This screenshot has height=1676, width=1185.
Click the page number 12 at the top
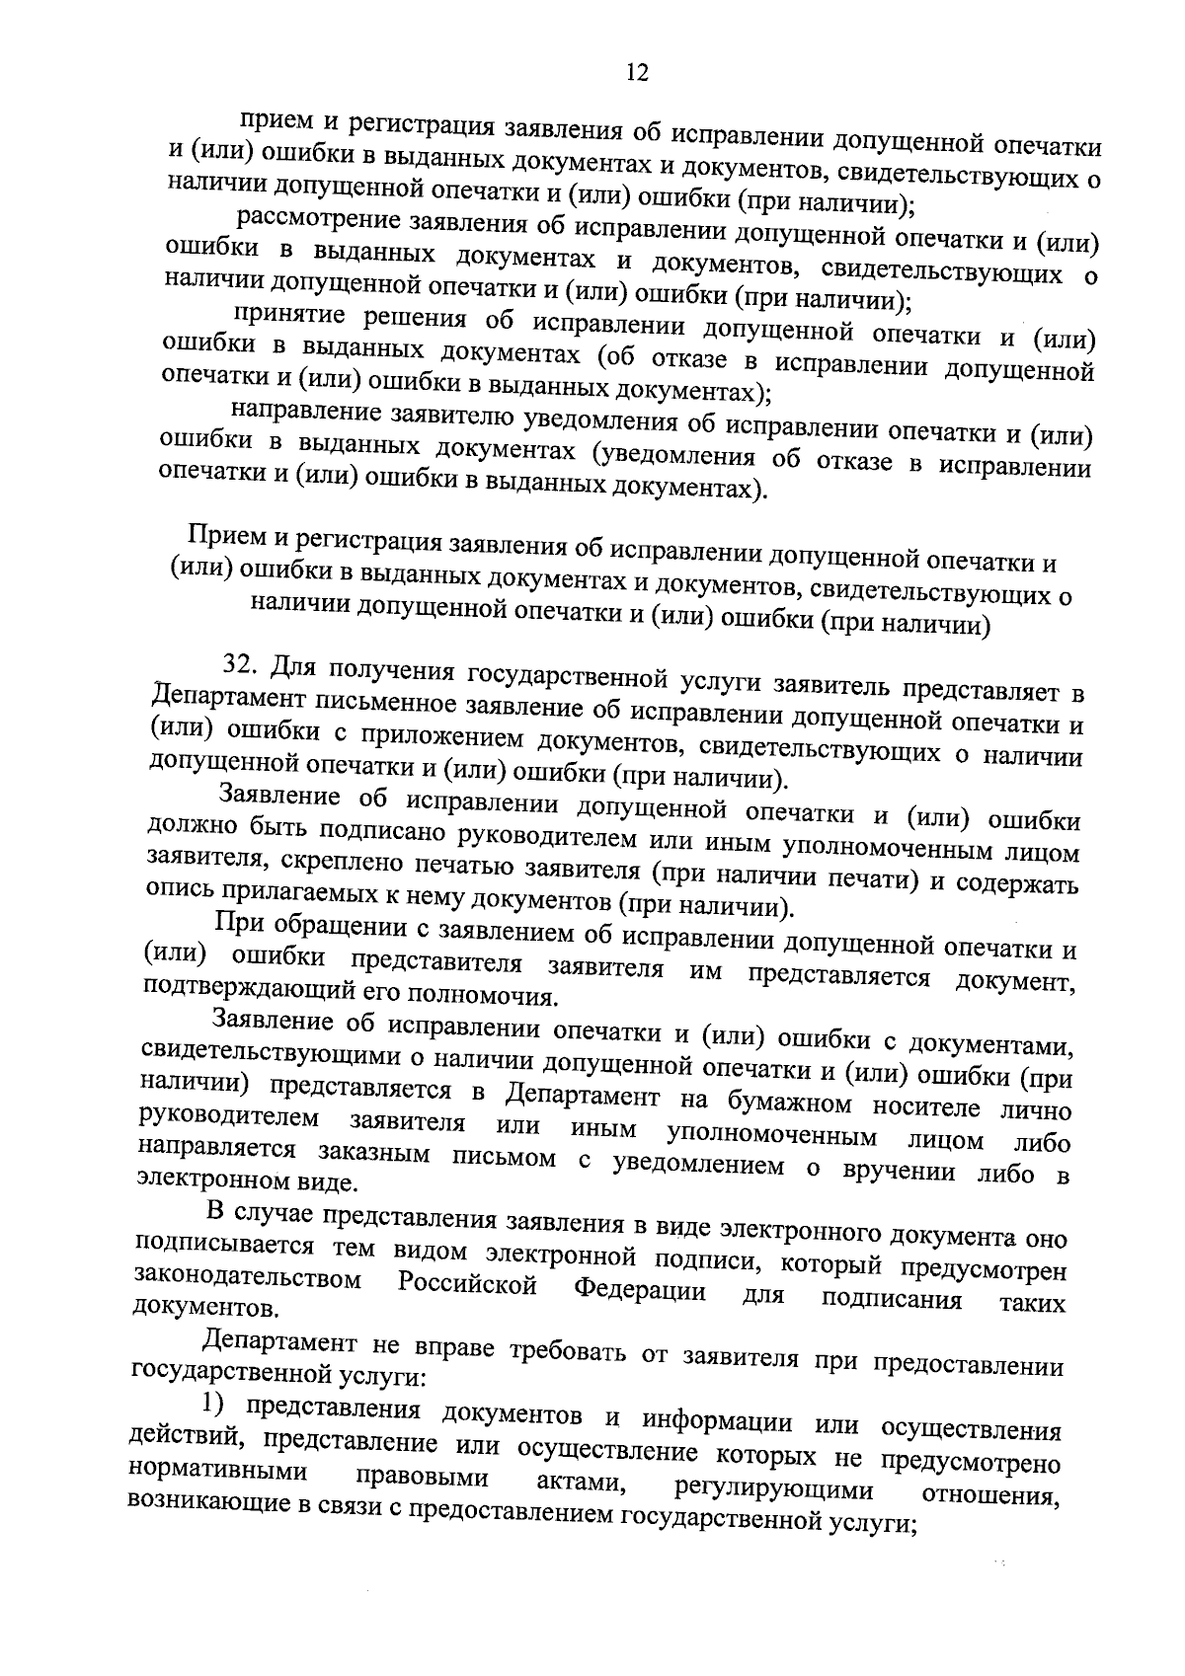[x=637, y=73]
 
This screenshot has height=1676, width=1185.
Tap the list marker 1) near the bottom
[x=214, y=1403]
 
